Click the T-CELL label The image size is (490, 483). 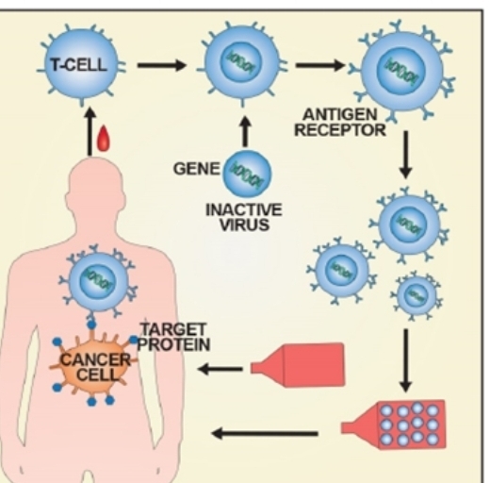(x=78, y=65)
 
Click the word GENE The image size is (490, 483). (x=197, y=169)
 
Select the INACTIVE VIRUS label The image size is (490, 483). (x=244, y=217)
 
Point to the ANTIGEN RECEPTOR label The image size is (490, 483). (x=340, y=123)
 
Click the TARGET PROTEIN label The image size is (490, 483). (x=174, y=337)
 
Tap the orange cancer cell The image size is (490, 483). (x=94, y=365)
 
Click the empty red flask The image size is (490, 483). (x=298, y=365)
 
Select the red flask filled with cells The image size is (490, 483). (x=393, y=425)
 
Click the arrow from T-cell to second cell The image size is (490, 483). (x=162, y=65)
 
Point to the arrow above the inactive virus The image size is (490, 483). (x=246, y=132)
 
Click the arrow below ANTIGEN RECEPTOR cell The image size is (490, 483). (x=406, y=155)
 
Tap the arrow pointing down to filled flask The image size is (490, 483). (x=406, y=360)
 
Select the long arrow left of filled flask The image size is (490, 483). (x=265, y=434)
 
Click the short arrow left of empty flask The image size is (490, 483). (x=220, y=369)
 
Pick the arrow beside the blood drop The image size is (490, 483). (x=90, y=131)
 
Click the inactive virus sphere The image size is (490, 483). (x=247, y=174)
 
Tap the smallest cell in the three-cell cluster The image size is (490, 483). (x=416, y=295)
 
